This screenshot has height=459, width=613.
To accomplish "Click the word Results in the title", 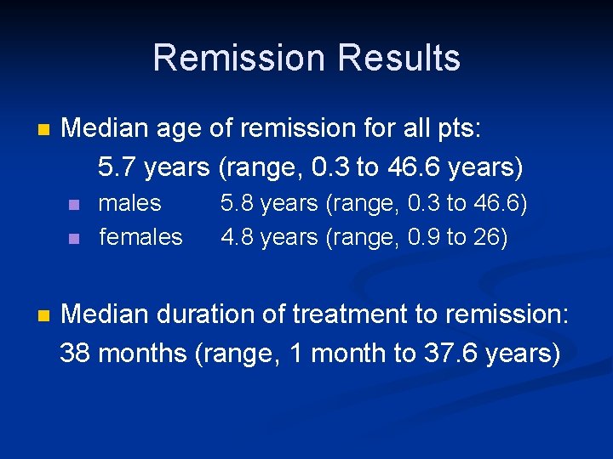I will click(398, 58).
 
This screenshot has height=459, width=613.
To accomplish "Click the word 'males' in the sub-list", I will click(129, 203).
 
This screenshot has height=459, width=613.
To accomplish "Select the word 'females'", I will click(140, 237).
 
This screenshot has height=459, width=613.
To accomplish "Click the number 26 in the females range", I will click(486, 237).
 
